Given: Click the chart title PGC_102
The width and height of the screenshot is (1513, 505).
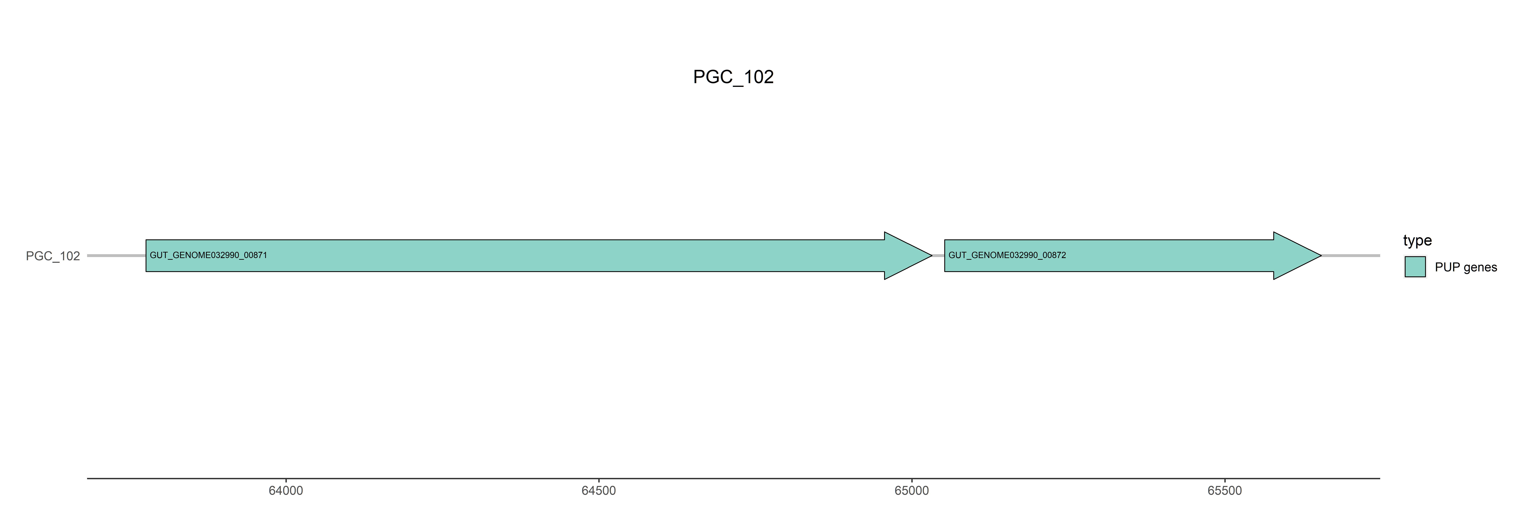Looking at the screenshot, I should point(733,77).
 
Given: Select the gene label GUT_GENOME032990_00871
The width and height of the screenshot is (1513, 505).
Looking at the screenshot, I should point(208,255).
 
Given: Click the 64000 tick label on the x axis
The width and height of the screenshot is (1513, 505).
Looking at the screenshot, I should point(285,490).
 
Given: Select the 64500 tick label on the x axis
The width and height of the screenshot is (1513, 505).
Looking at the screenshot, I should point(598,490).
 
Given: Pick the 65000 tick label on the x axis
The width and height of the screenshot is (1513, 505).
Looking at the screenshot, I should point(911,490).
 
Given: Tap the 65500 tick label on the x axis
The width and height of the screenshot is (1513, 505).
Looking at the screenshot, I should point(1225,490).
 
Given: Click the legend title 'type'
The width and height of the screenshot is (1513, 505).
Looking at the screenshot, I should point(1417,240).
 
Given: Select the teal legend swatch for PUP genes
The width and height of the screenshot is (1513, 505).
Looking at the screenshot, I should point(1415,267).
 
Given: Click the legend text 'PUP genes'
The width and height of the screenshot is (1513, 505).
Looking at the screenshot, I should point(1465,267).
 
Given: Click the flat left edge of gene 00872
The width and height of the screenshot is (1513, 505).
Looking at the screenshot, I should point(945,256).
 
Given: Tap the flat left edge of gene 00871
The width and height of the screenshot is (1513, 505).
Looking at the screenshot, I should point(146,256).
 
